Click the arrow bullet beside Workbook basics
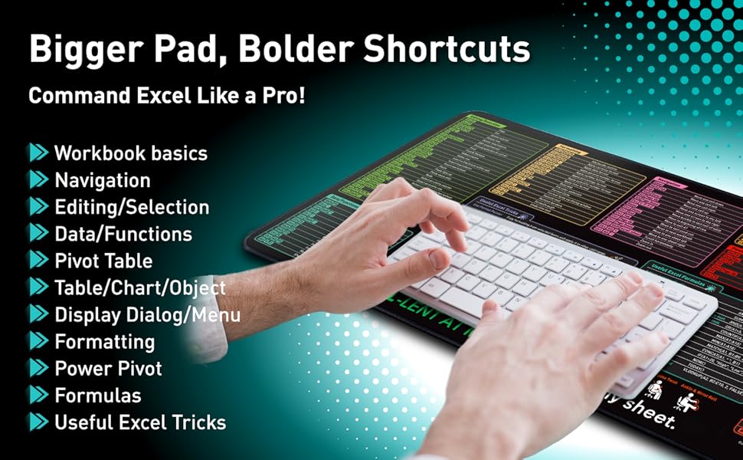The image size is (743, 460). click(x=38, y=153)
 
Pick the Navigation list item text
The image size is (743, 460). click(x=102, y=181)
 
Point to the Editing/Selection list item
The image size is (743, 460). click(x=131, y=208)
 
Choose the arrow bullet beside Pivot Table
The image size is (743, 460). click(x=38, y=261)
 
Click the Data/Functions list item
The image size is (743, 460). click(x=123, y=234)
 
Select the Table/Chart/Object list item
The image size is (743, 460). click(x=140, y=288)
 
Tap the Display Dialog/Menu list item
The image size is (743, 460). click(x=147, y=315)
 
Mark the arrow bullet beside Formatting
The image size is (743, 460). click(x=38, y=342)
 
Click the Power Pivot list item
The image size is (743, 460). click(x=108, y=369)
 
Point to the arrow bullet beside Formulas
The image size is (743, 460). click(x=38, y=396)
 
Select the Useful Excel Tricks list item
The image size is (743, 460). click(x=140, y=422)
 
